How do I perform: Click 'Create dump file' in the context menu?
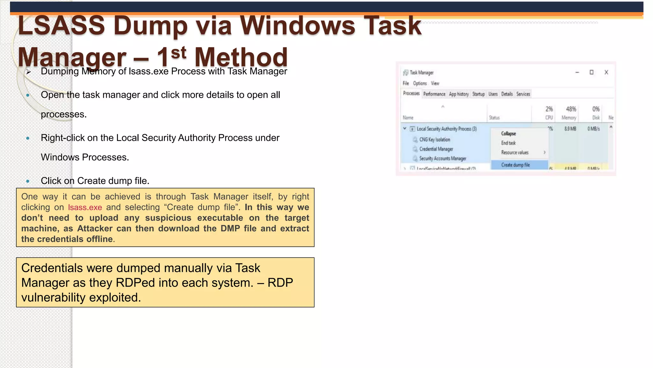[x=515, y=165]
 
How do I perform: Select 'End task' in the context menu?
[x=508, y=143]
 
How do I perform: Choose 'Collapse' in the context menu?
[x=508, y=134]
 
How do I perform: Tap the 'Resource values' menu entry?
[x=515, y=153]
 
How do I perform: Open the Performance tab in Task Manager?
[x=434, y=94]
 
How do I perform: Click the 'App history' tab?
[x=459, y=94]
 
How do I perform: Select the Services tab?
[x=523, y=94]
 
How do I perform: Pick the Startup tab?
[x=478, y=94]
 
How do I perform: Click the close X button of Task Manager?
[x=606, y=73]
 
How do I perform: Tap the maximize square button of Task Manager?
[x=591, y=73]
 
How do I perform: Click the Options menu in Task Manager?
[x=420, y=83]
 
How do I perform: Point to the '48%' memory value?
[x=571, y=109]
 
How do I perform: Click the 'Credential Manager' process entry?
[x=436, y=149]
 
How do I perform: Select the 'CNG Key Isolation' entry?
[x=435, y=140]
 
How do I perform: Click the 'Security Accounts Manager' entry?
[x=443, y=158]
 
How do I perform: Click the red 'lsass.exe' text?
[x=85, y=207]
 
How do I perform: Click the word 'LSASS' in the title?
[x=62, y=26]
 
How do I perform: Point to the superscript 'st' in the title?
[x=179, y=53]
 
